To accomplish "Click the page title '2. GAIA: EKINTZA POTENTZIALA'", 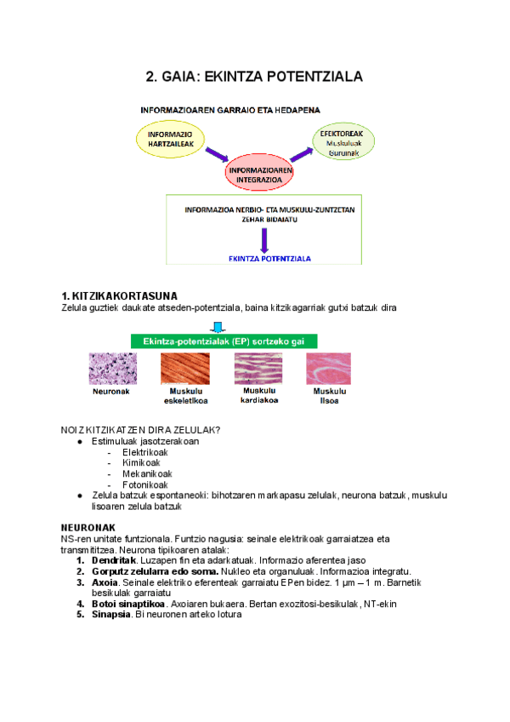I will click(255, 77).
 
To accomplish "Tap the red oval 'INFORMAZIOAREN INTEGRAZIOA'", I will click(261, 175).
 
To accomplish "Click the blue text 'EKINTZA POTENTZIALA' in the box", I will click(270, 258).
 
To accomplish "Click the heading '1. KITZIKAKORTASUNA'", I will click(119, 295).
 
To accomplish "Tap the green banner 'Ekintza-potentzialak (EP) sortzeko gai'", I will click(224, 340).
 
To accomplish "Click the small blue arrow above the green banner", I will click(218, 326).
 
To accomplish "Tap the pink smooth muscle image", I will click(327, 369).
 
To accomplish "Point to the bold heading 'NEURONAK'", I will click(89, 528).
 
